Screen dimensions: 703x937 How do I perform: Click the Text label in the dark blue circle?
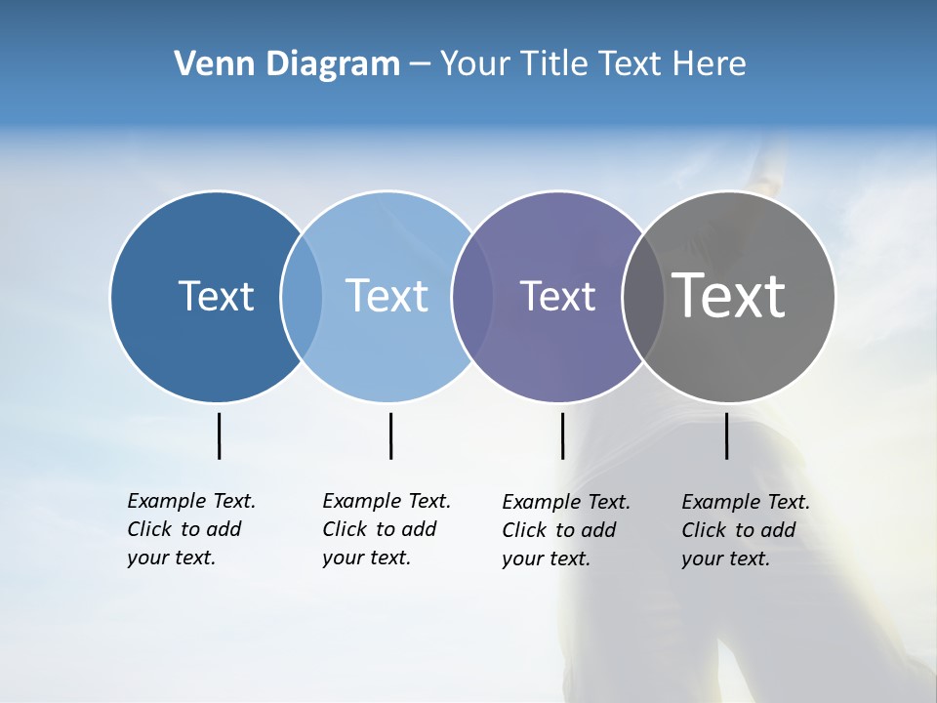pyautogui.click(x=216, y=296)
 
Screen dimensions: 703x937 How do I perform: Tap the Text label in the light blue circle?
pyautogui.click(x=387, y=296)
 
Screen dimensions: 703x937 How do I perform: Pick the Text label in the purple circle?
pyautogui.click(x=557, y=297)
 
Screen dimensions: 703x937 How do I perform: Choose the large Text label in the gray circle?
pyautogui.click(x=728, y=295)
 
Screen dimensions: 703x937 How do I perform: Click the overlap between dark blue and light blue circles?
pyautogui.click(x=302, y=296)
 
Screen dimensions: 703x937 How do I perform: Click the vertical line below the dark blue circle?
pyautogui.click(x=219, y=435)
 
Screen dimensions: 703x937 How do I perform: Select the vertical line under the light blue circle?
pyautogui.click(x=390, y=435)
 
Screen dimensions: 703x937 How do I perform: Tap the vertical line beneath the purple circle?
pyautogui.click(x=562, y=435)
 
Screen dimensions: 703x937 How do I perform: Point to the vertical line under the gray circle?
pyautogui.click(x=726, y=435)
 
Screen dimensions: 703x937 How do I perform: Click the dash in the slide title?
pyautogui.click(x=420, y=64)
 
